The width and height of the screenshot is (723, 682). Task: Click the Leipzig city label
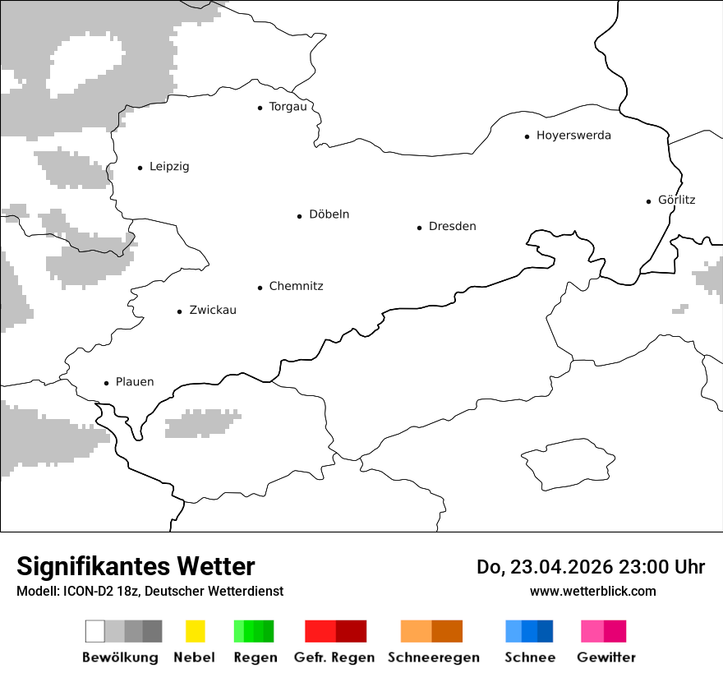169,167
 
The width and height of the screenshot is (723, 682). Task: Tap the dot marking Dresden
419,227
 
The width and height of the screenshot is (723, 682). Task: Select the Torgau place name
288,107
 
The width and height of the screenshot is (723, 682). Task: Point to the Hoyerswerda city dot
527,136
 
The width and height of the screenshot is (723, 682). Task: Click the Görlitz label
676,200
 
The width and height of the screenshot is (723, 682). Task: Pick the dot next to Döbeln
300,216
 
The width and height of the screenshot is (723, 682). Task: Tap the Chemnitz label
296,286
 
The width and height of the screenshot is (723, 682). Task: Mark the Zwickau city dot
180,311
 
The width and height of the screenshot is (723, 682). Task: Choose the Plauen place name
135,382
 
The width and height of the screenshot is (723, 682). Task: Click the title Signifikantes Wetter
136,566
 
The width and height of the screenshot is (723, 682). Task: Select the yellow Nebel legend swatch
195,631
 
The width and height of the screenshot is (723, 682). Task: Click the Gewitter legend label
606,657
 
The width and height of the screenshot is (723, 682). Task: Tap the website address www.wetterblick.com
592,591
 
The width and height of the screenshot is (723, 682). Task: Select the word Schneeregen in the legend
433,657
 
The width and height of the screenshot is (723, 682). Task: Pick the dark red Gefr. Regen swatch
351,631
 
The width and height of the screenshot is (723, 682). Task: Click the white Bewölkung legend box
94,631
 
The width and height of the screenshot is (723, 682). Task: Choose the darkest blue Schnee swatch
545,631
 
